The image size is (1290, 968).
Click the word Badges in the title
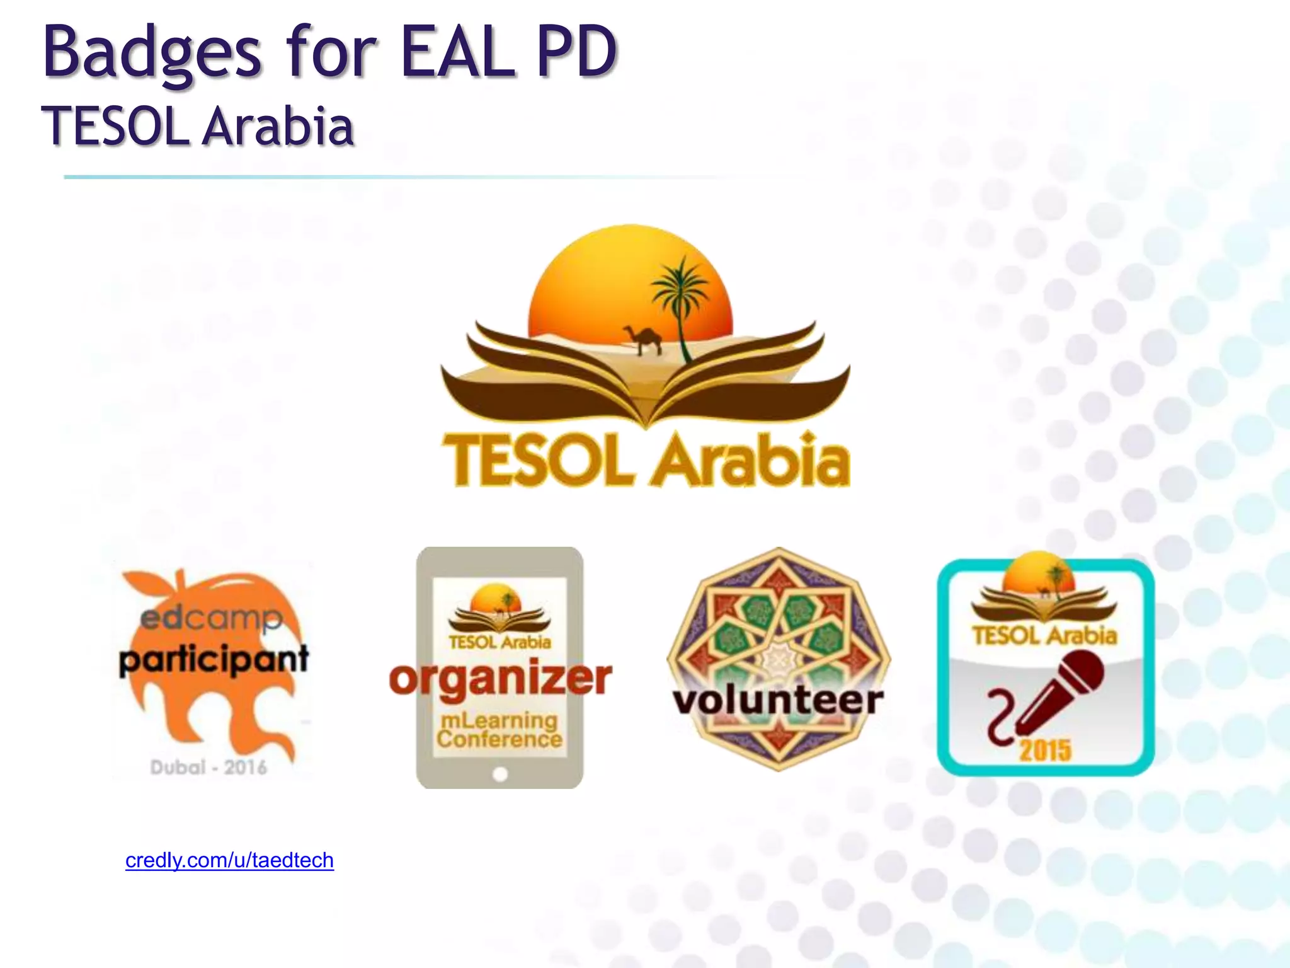click(x=151, y=54)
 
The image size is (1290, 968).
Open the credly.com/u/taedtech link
click(x=229, y=860)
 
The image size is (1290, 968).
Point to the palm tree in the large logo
click(x=679, y=296)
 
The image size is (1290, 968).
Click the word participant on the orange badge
click(x=214, y=660)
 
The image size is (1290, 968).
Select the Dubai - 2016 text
click(x=208, y=768)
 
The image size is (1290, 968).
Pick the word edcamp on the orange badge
click(x=211, y=619)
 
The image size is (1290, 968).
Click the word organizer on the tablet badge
click(x=500, y=679)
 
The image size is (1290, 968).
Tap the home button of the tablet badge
click(x=500, y=775)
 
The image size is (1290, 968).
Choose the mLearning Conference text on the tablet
click(x=499, y=730)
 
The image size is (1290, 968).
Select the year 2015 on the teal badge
click(x=1045, y=750)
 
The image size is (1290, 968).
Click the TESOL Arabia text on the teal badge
click(x=1044, y=635)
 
